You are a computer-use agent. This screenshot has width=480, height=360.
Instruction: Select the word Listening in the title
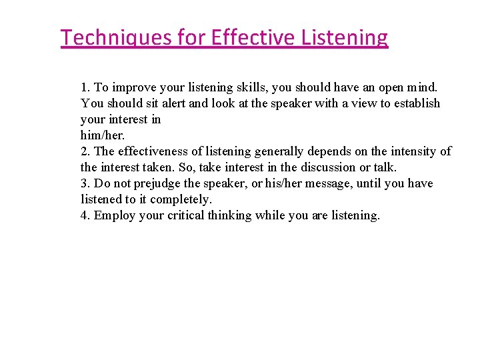347,37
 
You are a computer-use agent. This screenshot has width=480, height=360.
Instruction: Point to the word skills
237,87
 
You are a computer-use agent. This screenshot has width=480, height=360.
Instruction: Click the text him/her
102,135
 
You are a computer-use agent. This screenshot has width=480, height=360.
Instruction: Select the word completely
181,199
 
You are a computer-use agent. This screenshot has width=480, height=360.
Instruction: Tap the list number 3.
85,183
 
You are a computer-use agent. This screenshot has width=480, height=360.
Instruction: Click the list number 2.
85,151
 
